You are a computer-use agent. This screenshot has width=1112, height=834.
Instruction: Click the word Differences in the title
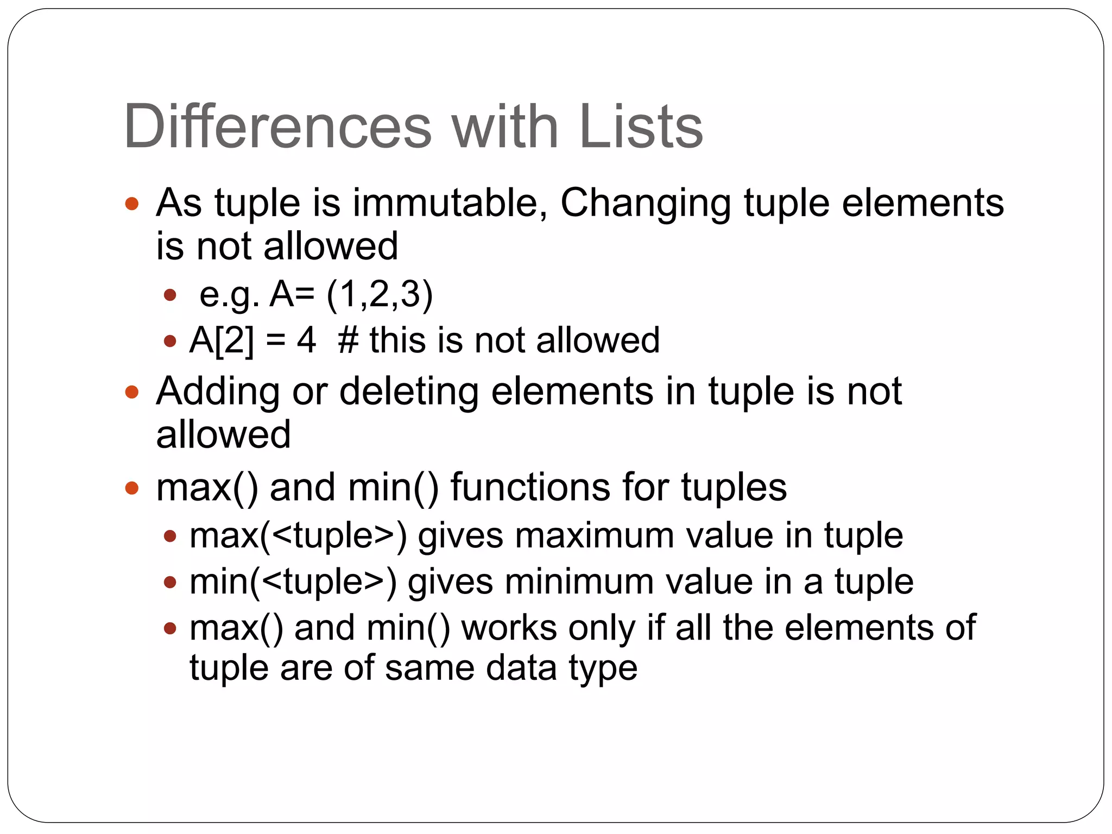[x=277, y=127]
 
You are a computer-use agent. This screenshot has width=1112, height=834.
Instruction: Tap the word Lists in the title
[x=641, y=127]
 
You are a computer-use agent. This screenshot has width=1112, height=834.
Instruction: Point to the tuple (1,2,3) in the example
[x=380, y=295]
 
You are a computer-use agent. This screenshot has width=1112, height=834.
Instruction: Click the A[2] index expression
[x=222, y=341]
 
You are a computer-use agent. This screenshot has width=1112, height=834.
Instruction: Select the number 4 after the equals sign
[x=306, y=341]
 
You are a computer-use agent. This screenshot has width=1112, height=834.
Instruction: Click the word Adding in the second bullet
[x=218, y=392]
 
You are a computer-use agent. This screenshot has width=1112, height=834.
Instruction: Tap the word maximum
[x=595, y=536]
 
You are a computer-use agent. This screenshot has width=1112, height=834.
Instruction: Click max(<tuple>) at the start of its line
[x=298, y=536]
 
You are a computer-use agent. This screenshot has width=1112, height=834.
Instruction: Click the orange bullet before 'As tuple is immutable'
[x=132, y=204]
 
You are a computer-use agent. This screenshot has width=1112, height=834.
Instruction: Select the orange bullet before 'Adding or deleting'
[x=132, y=392]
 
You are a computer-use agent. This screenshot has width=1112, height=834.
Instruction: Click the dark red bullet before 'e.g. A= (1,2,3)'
[x=170, y=295]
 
